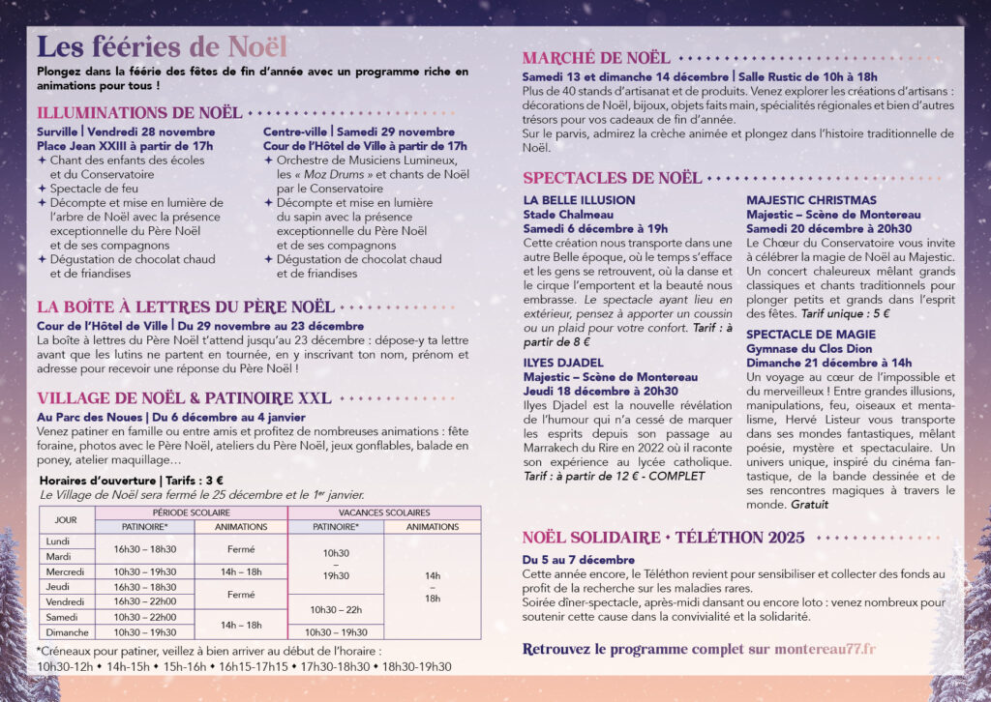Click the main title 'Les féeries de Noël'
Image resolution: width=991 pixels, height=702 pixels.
click(x=163, y=46)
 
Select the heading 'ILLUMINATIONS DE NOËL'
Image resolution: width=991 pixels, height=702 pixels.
click(x=139, y=113)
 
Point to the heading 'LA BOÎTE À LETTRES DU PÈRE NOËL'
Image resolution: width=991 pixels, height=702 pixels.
click(x=186, y=307)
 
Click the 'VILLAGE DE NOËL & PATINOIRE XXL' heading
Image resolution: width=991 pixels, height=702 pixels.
click(x=184, y=397)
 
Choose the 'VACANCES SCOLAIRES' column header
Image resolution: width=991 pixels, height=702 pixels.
click(x=383, y=512)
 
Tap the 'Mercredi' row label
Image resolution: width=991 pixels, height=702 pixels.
click(x=66, y=571)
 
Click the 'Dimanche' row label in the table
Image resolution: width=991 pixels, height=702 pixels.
click(x=66, y=631)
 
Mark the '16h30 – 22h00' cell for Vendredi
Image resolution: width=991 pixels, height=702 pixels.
click(x=144, y=601)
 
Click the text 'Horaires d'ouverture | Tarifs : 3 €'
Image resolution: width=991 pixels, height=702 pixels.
click(x=132, y=480)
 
